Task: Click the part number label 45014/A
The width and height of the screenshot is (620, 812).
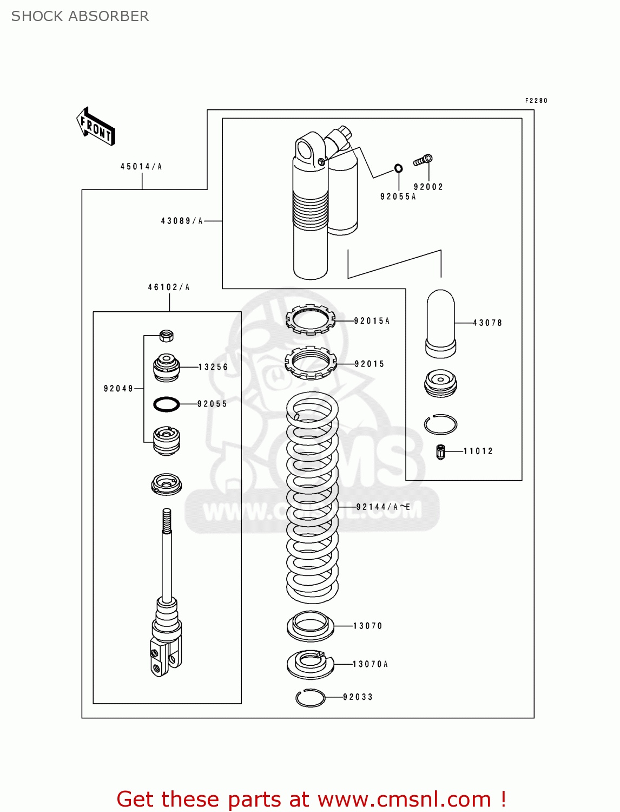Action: tap(141, 167)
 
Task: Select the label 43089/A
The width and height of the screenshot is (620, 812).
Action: tap(182, 221)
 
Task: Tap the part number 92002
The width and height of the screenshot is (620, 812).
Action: tap(428, 187)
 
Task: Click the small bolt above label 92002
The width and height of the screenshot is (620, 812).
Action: tap(423, 160)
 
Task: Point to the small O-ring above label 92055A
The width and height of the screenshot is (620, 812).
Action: tap(398, 168)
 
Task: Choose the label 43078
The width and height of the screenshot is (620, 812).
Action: tap(487, 323)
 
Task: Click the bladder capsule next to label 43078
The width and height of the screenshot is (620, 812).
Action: tap(441, 324)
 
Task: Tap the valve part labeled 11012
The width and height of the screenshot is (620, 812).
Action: tap(440, 451)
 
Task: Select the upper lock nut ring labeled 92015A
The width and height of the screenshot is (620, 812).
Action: tap(311, 319)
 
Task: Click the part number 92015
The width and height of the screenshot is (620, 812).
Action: tap(370, 364)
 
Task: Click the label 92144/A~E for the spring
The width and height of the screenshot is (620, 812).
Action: tap(383, 507)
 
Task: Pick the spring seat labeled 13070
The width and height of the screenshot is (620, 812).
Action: tap(310, 626)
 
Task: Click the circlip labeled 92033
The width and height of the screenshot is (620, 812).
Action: tap(311, 698)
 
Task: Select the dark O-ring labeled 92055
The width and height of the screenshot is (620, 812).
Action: tap(167, 404)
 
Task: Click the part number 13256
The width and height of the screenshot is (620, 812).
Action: tap(213, 367)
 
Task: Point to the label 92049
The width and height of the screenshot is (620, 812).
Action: tap(118, 389)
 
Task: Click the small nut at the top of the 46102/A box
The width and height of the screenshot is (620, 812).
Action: tap(167, 336)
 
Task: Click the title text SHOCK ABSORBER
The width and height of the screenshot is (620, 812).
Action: tap(80, 16)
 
